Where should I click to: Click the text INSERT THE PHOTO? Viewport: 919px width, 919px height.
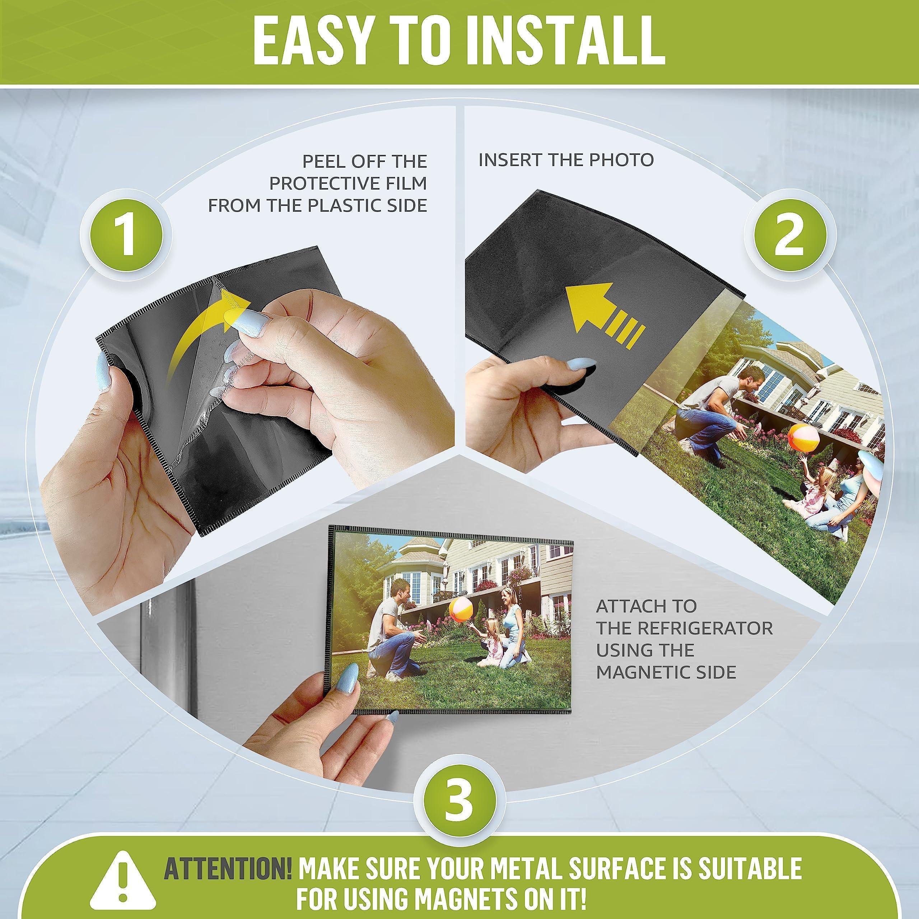566,160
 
